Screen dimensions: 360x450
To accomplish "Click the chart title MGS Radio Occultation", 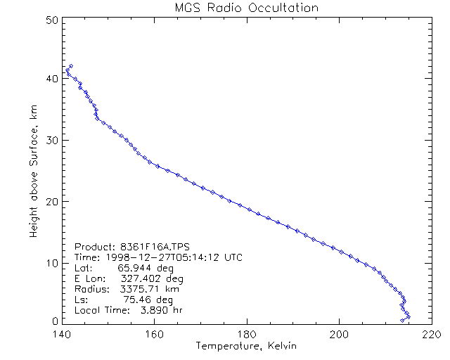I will pos(246,8).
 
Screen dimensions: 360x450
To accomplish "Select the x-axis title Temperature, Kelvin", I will pos(246,346).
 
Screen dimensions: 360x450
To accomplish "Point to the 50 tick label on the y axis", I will pos(51,20).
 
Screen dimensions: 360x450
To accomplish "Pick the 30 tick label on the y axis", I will pos(51,140).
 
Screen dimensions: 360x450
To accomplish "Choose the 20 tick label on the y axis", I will pos(51,201).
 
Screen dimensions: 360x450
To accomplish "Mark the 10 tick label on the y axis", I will pos(51,262).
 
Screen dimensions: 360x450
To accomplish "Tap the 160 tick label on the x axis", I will pos(154,334).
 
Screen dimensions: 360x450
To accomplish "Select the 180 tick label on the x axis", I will pos(247,334).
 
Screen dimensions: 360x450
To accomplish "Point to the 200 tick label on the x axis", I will pos(339,334).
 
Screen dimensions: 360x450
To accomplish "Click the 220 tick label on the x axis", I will pos(431,334).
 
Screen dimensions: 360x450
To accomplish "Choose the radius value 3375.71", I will pos(140,289).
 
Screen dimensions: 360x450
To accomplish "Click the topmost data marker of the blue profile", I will pos(71,66).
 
